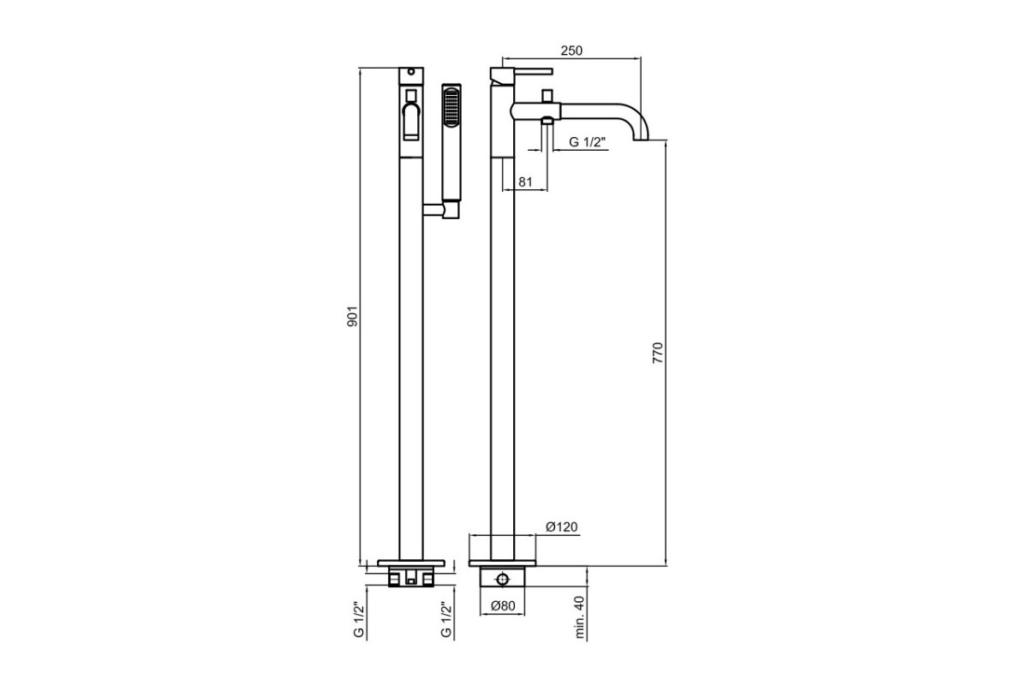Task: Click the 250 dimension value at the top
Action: (571, 51)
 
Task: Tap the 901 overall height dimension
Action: (352, 316)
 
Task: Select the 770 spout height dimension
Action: (658, 353)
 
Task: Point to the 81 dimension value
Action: (525, 182)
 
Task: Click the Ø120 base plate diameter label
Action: (562, 527)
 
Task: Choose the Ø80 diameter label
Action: (503, 605)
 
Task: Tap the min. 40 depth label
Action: (580, 616)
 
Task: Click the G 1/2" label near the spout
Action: (588, 142)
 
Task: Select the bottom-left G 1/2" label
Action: (359, 619)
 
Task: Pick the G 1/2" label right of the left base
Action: (446, 619)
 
